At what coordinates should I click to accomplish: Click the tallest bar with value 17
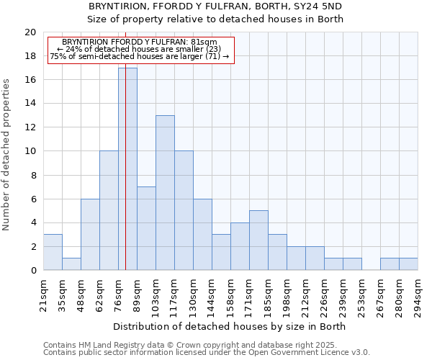127,168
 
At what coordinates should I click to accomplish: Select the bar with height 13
165,192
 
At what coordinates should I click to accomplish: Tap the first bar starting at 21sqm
53,252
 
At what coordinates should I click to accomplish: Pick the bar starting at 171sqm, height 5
258,240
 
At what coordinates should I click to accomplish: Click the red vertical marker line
125,180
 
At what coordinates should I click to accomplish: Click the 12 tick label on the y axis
30,127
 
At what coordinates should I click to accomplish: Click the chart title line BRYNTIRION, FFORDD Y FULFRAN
215,6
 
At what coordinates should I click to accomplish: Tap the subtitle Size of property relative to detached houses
215,19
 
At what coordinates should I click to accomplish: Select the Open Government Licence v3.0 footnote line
207,352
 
